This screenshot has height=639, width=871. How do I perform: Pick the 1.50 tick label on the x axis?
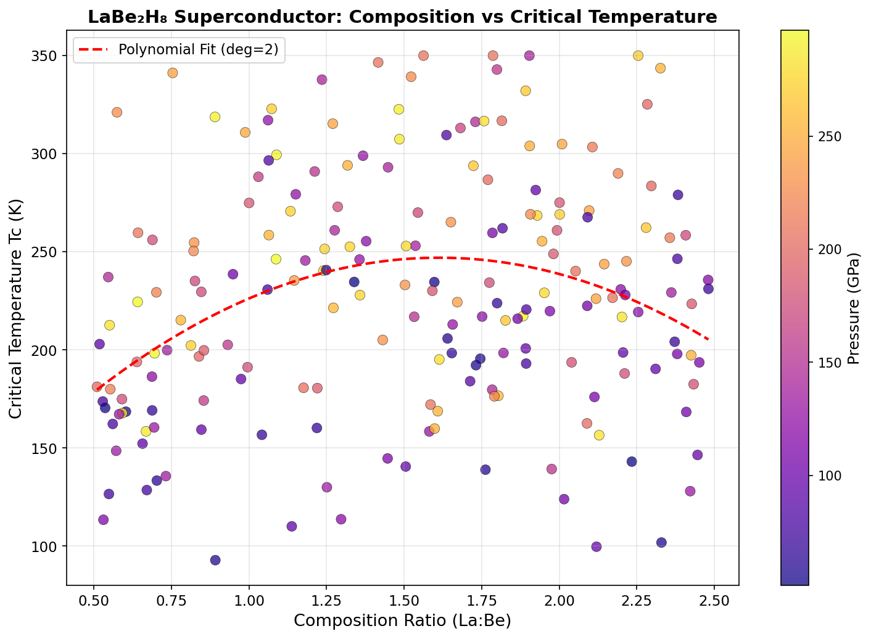[x=404, y=600]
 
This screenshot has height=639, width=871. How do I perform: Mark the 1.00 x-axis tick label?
[x=249, y=600]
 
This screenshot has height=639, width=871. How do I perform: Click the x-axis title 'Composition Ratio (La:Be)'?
[x=402, y=620]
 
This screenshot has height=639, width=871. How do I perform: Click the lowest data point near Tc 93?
[x=215, y=560]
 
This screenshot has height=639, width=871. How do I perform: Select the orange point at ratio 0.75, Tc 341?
[x=173, y=73]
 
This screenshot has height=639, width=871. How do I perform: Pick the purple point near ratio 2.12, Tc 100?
[x=596, y=546]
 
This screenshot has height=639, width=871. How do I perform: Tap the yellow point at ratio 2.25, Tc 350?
[x=638, y=56]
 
